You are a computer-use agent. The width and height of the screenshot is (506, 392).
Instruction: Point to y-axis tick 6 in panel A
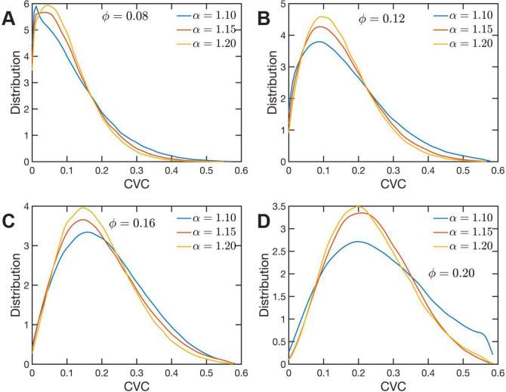(x=26, y=5)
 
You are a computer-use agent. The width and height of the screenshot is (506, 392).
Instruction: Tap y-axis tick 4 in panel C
(x=26, y=207)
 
